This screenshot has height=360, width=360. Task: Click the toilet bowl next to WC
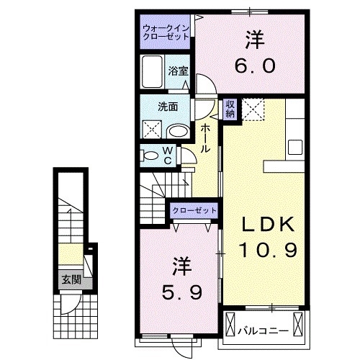(x=150, y=154)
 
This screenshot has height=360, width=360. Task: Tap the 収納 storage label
(x=230, y=109)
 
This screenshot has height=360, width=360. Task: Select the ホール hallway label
(x=206, y=137)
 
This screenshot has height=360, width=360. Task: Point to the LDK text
(x=268, y=225)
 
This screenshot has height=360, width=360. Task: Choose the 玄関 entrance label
(x=71, y=279)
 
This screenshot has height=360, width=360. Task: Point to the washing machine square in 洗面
(x=151, y=130)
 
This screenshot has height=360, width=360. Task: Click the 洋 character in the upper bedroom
(x=253, y=37)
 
